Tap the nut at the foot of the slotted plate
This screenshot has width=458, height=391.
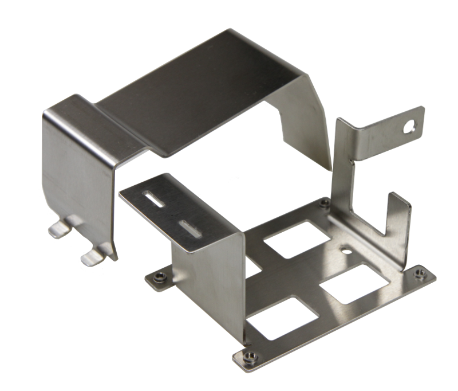click(x=160, y=277)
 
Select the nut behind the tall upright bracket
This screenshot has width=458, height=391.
click(x=325, y=202)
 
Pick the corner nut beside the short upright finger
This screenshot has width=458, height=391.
click(x=420, y=274)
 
